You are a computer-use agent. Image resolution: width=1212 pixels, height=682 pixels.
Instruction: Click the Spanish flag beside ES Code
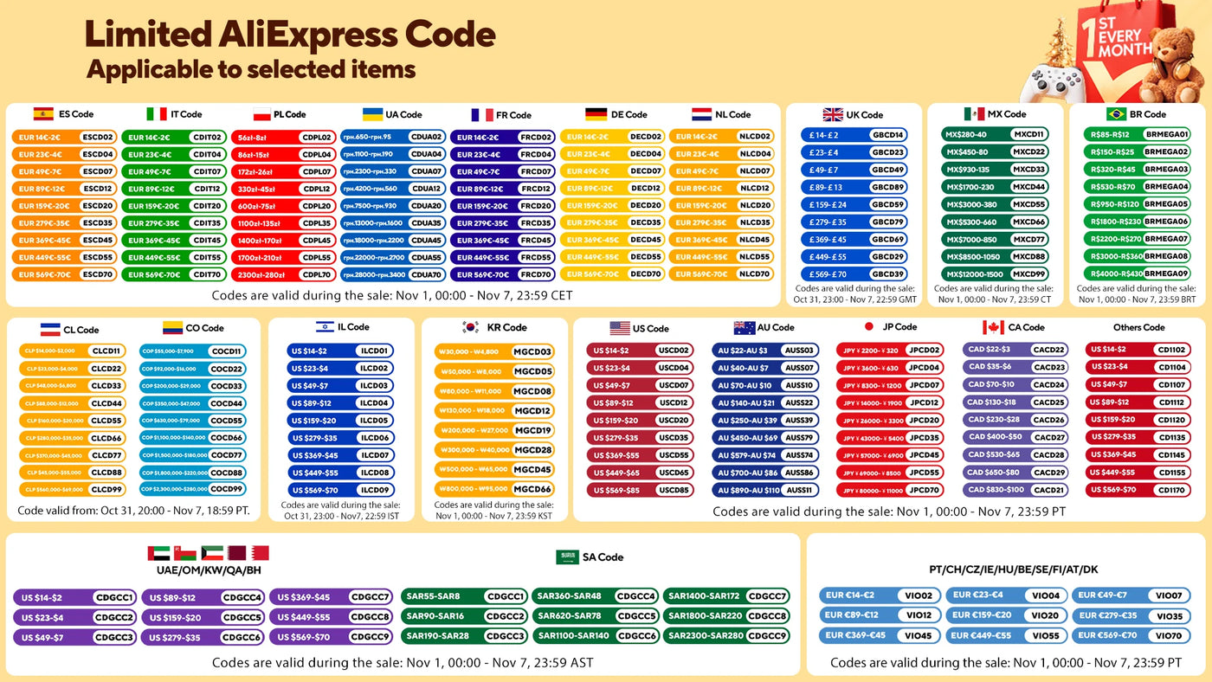[x=43, y=113]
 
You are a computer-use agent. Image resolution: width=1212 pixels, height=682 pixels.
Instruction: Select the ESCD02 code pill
[x=97, y=137]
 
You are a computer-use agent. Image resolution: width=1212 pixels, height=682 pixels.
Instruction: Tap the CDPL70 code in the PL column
[x=317, y=274]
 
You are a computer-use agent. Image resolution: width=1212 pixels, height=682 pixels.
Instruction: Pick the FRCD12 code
[x=536, y=189]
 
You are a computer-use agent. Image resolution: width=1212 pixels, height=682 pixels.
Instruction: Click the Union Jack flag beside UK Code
[x=833, y=114]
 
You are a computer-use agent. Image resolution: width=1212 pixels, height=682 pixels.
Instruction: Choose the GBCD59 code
[x=887, y=205]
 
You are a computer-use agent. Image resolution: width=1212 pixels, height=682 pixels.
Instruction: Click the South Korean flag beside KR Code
[x=471, y=327]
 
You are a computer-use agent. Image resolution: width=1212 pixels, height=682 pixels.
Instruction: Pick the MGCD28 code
[x=532, y=449]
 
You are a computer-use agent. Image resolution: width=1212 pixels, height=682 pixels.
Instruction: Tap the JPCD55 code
[x=925, y=473]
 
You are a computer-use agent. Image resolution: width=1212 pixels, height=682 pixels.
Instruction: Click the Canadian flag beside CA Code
[x=993, y=327]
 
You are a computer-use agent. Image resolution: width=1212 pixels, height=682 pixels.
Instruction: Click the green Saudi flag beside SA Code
[x=567, y=557]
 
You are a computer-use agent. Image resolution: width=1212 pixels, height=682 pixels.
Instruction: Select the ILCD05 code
[x=375, y=421]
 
